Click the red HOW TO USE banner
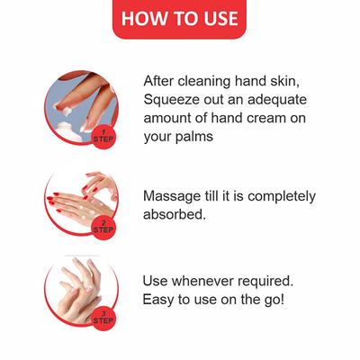coord(179,19)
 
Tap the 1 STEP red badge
coord(103,136)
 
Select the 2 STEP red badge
coord(103,227)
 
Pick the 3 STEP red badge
coord(103,318)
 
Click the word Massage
coord(171,196)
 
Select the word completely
coord(282,197)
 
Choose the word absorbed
coord(175,214)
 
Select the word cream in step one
coord(266,119)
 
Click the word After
coord(158,81)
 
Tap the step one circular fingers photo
coord(81,108)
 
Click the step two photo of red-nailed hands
coord(81,200)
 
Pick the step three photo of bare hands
coord(81,291)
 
